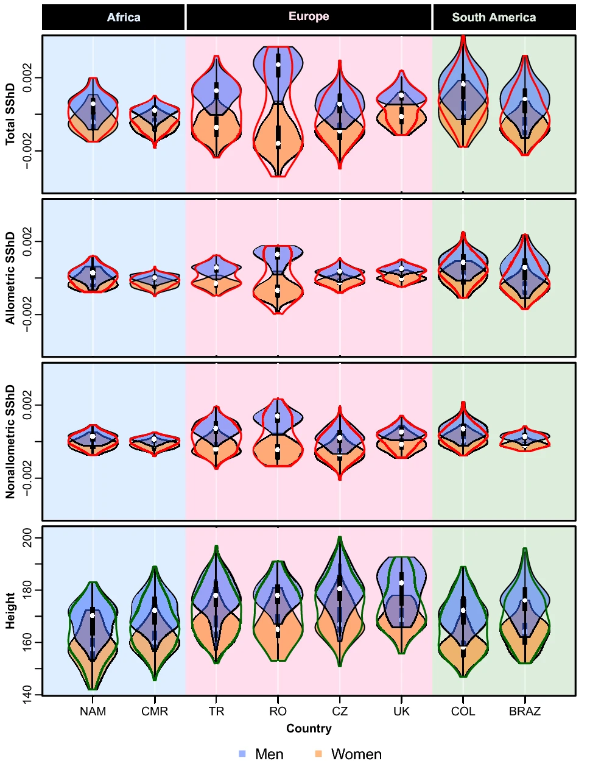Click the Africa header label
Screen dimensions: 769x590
click(x=124, y=17)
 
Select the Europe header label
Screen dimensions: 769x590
click(x=309, y=16)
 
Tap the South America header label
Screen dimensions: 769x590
click(x=494, y=17)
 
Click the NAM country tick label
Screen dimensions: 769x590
click(x=93, y=711)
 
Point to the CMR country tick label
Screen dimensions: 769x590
click(x=155, y=711)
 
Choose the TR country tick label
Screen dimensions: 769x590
click(x=216, y=711)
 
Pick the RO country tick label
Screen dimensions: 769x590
click(x=278, y=711)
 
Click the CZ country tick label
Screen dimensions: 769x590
click(x=340, y=711)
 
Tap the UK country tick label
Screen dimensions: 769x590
click(x=401, y=711)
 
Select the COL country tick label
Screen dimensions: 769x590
click(x=463, y=711)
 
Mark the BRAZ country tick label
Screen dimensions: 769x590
click(x=525, y=711)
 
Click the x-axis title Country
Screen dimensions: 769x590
click(x=309, y=728)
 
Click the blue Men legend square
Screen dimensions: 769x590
click(x=242, y=754)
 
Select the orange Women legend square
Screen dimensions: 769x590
click(x=318, y=754)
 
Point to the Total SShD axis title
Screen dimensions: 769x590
click(x=10, y=114)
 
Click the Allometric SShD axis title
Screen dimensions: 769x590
click(x=10, y=278)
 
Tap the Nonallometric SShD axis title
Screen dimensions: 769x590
click(x=10, y=441)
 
